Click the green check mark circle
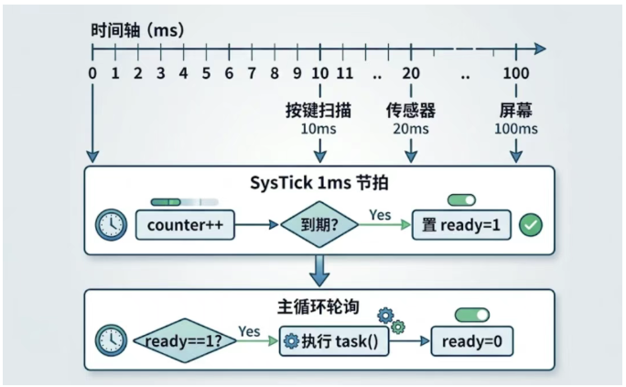point(530,224)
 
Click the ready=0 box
point(472,342)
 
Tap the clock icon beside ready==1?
point(110,342)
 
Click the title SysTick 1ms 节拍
point(319,182)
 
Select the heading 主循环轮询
point(319,306)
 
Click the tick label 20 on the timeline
point(411,73)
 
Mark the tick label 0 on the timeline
point(92,73)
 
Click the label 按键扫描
point(319,111)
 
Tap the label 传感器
point(411,111)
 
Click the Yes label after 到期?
point(380,214)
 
